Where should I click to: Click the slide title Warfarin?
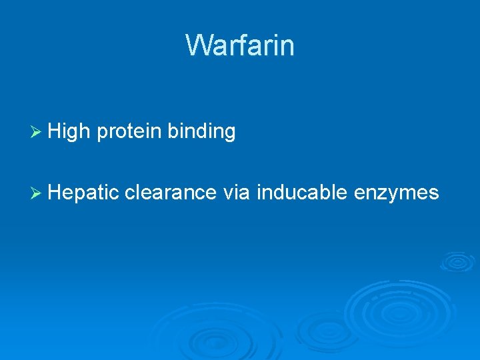point(240,45)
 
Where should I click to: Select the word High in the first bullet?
point(70,132)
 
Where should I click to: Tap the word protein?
point(129,133)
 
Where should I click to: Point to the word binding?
point(201,133)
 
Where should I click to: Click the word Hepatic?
point(83,193)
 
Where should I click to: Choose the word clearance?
point(170,193)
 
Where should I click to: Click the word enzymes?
point(396,193)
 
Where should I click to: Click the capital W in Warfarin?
point(197,45)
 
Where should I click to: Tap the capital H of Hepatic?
point(55,193)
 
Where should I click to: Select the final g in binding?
point(229,134)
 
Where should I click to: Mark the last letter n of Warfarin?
point(287,47)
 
